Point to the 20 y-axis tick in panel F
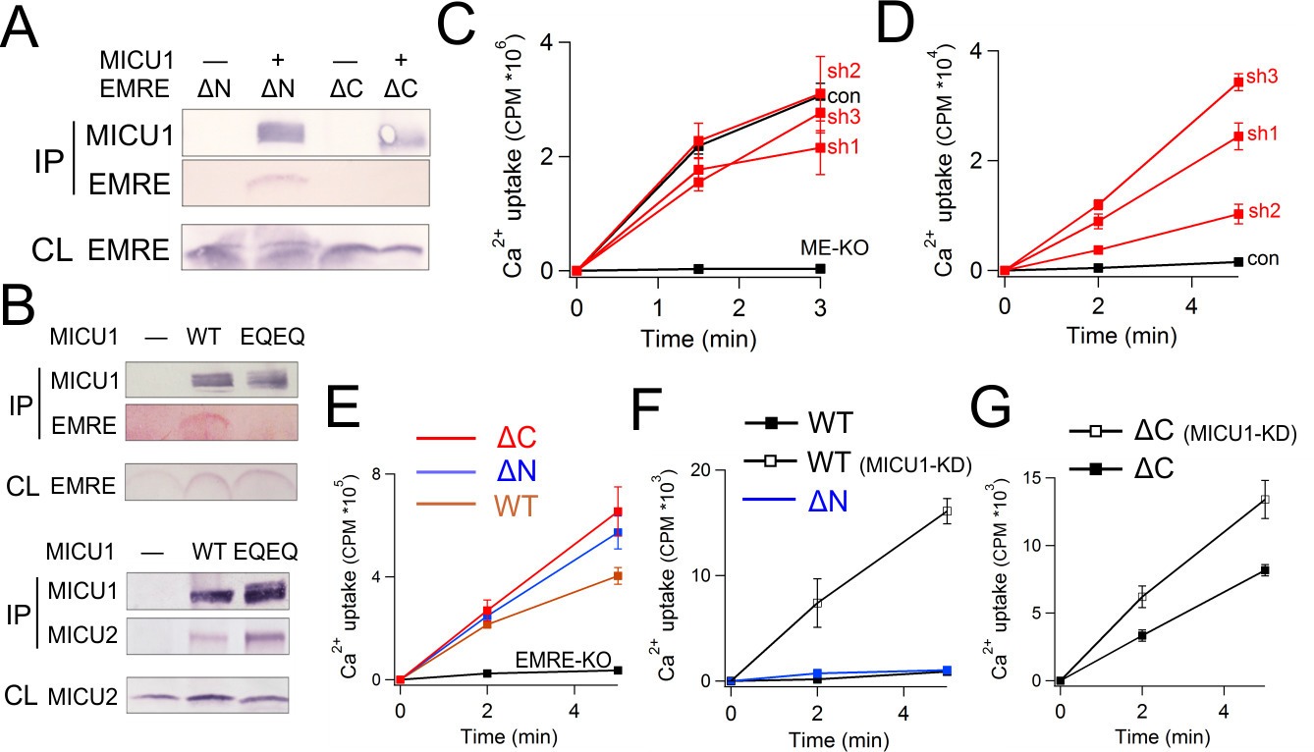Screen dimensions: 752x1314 [x=709, y=469]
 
